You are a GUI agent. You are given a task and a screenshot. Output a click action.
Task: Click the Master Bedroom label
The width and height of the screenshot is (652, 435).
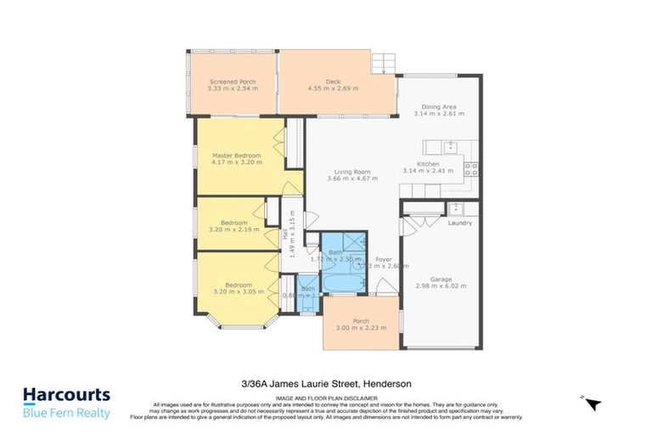coord(236,155)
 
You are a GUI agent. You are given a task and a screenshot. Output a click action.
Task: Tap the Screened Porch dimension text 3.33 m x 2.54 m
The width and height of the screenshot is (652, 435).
coord(232,88)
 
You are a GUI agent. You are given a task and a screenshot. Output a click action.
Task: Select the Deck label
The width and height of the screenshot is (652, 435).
coord(333,81)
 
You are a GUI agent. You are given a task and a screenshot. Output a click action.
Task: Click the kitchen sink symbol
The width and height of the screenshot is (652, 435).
coord(449,144)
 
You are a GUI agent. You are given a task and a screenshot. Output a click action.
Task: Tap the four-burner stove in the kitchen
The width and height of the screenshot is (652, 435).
coord(471,168)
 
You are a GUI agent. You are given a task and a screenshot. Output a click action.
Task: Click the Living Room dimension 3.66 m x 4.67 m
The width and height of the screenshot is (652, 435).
coord(349,179)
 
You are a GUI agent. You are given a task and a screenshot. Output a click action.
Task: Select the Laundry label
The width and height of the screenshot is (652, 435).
coord(459,223)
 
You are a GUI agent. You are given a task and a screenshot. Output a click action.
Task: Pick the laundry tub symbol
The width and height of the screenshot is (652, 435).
coord(456,206)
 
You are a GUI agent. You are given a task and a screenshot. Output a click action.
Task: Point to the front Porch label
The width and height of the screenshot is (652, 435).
coord(361,321)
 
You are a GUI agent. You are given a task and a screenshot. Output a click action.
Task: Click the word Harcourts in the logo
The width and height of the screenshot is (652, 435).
coord(66,395)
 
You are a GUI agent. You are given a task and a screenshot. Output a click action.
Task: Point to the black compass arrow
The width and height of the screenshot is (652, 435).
coord(593,404)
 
